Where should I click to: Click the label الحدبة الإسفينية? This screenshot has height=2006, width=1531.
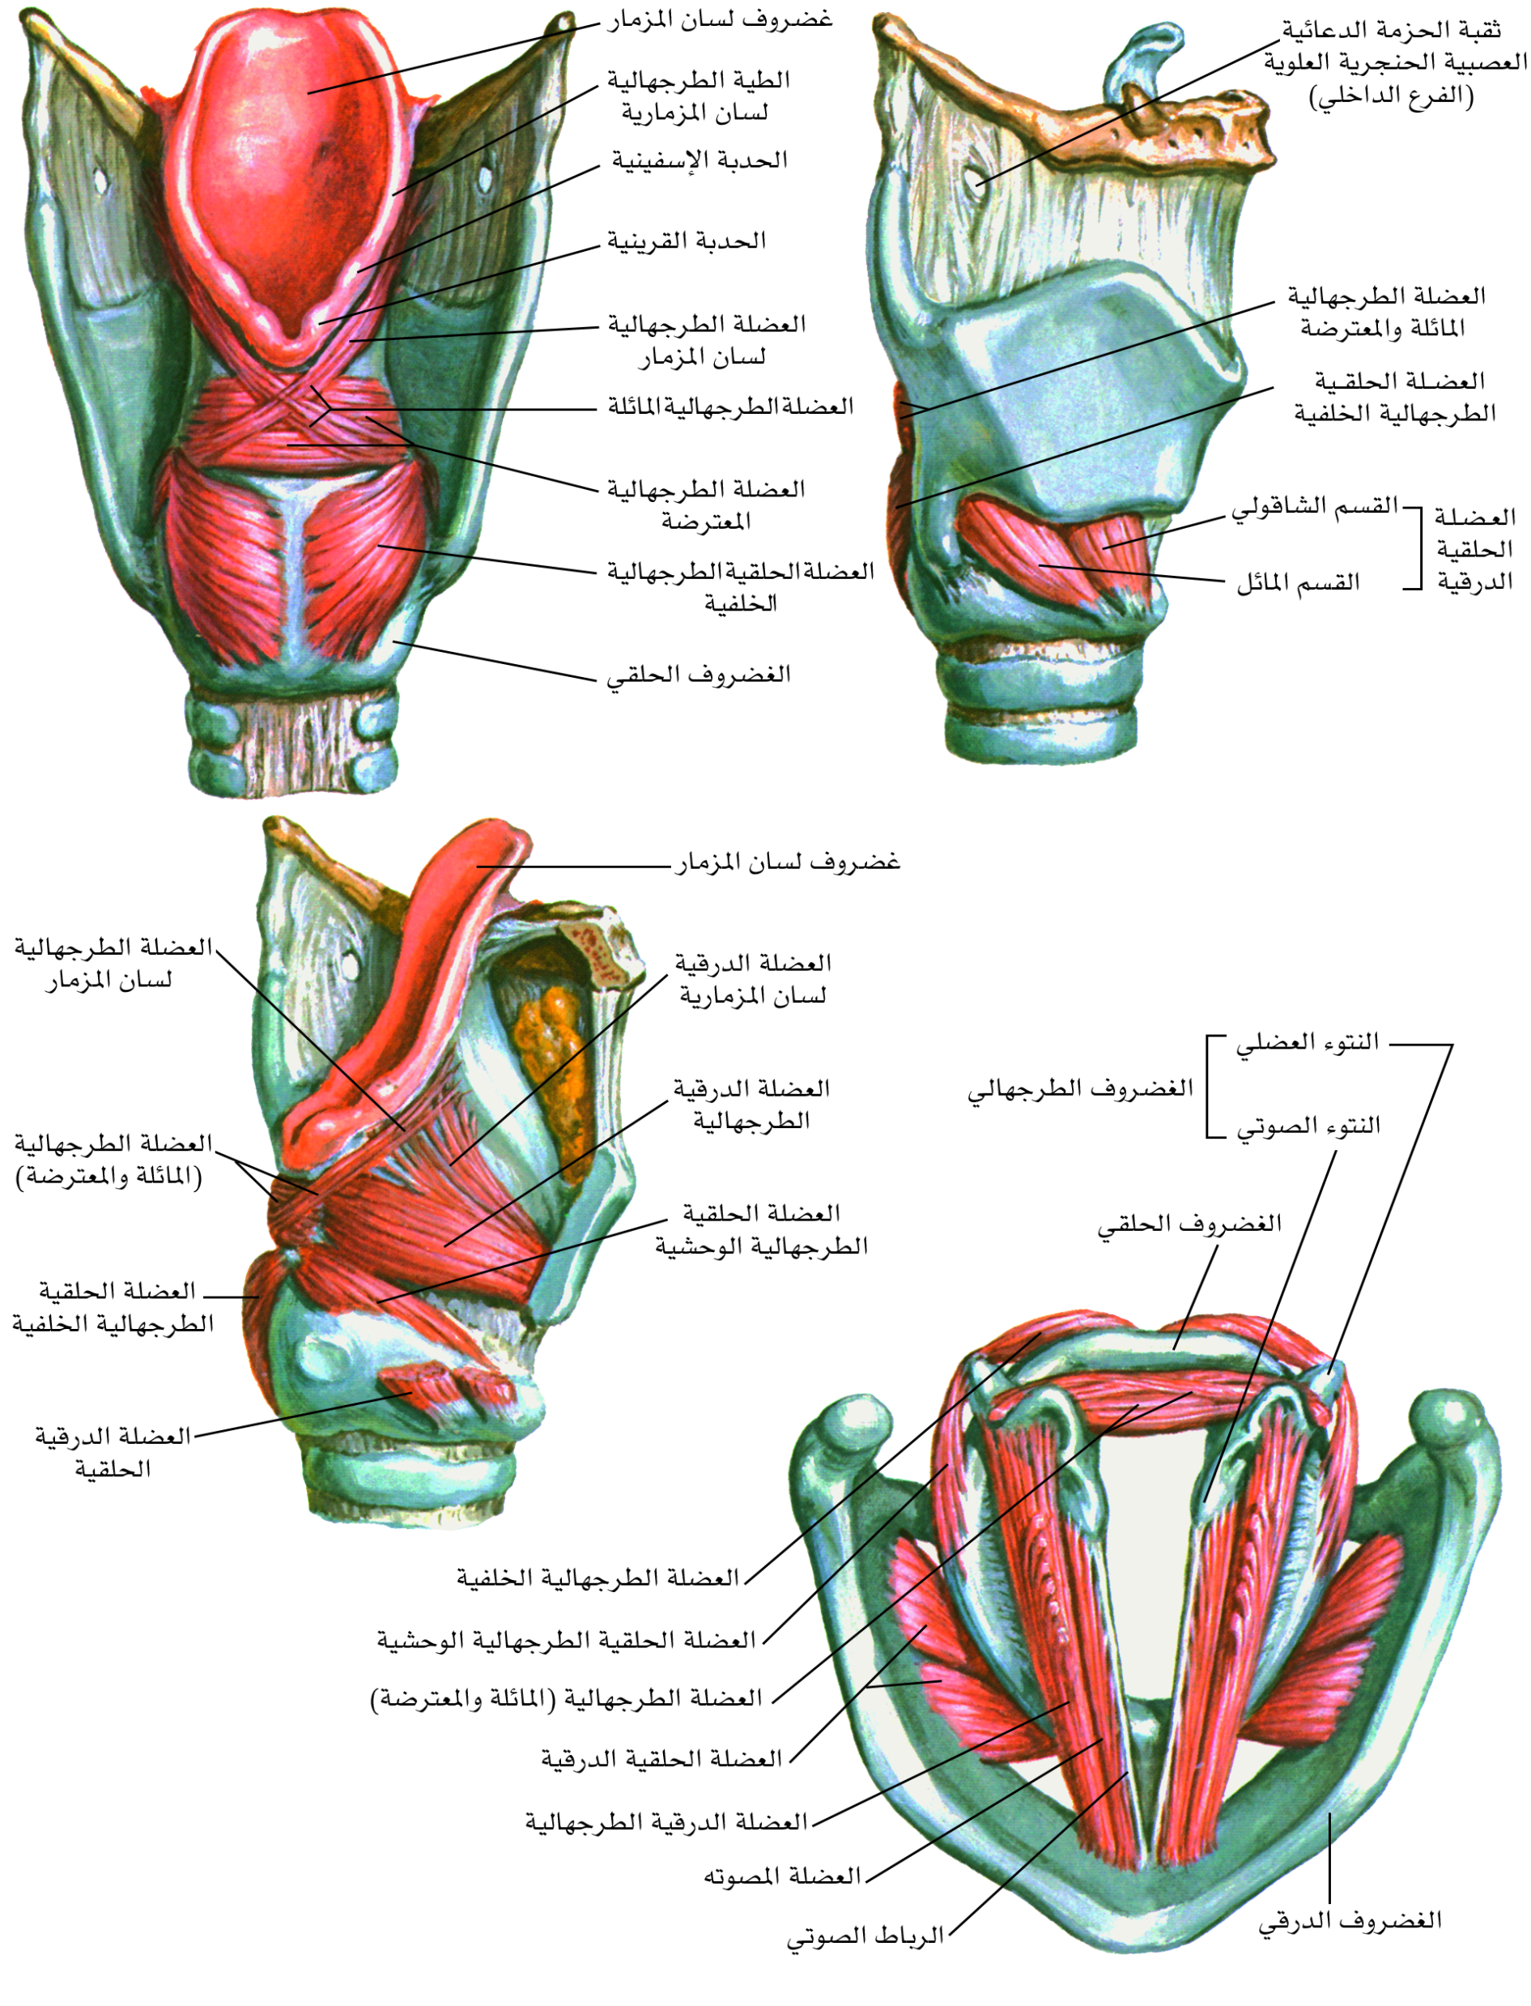point(699,161)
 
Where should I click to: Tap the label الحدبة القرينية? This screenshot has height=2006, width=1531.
point(687,241)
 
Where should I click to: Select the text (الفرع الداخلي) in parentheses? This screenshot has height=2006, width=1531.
point(1392,96)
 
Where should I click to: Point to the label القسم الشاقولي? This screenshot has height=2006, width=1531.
point(1315,507)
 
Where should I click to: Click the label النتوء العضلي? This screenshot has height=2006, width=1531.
point(1308,1042)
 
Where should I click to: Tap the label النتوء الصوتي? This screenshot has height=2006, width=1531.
point(1308,1127)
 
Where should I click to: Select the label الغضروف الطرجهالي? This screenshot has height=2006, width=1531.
point(1081,1088)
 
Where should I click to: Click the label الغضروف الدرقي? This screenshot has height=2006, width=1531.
point(1350,1920)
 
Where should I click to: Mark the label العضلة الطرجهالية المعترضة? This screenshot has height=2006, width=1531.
point(706,506)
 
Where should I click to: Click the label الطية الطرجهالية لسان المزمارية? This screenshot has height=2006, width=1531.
point(698,96)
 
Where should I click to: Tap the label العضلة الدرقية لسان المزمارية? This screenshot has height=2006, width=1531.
point(753,979)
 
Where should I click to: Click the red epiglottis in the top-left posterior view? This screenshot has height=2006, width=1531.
point(283,182)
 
